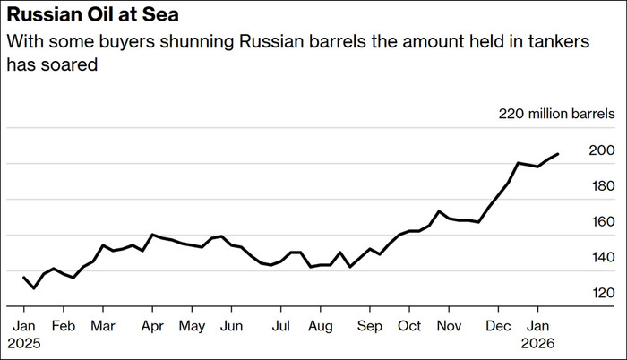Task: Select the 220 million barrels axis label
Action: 557,115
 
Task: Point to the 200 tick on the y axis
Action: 602,150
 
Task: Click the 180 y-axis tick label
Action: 602,186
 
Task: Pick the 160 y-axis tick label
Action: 602,222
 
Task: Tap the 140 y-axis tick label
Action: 602,258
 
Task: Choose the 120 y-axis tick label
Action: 602,294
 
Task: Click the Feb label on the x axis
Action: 63,325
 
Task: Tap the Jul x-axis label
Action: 281,325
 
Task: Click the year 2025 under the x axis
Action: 25,342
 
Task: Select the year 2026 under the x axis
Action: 538,342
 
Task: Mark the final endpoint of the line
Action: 559,154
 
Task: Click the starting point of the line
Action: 23,278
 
